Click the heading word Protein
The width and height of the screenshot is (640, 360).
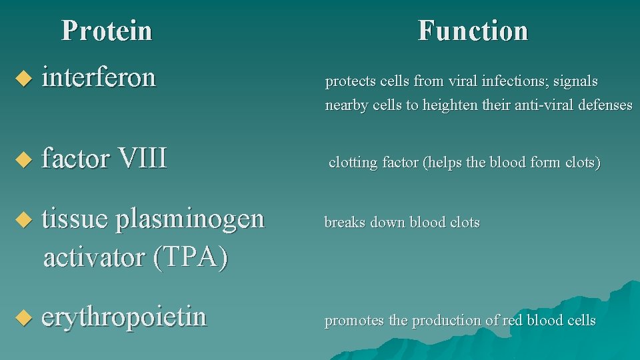107,31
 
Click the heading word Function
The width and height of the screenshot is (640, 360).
473,31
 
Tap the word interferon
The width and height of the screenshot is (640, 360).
99,77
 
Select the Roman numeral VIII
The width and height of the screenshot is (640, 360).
141,159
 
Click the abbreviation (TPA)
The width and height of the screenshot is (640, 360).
190,257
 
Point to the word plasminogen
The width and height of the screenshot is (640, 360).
190,219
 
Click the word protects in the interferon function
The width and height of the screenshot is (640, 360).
350,82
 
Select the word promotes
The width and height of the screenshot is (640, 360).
354,321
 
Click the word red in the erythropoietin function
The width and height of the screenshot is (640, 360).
512,321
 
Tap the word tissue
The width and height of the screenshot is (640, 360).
74,219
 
